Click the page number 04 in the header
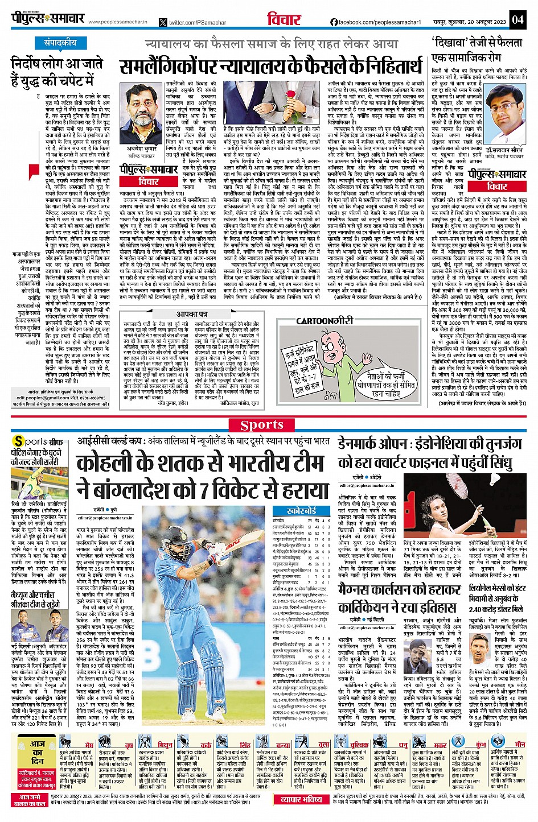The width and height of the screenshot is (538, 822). (517, 19)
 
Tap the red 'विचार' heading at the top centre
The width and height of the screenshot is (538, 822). (284, 19)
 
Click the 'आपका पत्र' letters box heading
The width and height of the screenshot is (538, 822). (191, 314)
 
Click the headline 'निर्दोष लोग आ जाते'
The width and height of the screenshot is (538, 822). (56, 64)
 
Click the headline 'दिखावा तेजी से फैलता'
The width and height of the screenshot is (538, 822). (477, 43)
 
